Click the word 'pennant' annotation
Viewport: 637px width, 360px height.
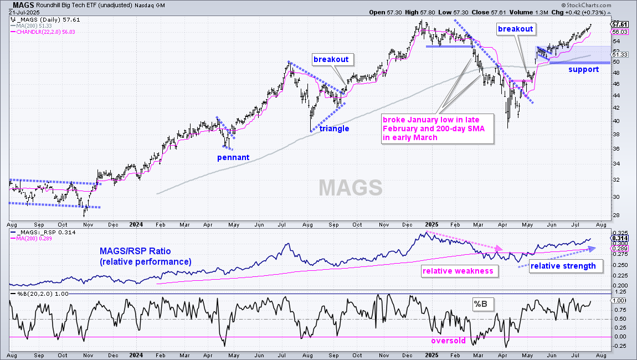(233, 158)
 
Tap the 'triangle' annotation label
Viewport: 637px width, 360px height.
(334, 129)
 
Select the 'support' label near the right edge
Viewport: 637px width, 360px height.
(583, 69)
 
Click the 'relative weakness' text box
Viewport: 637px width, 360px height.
(458, 271)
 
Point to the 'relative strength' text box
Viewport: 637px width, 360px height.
(563, 266)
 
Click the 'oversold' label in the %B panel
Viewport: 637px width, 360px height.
(448, 341)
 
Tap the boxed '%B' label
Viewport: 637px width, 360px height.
(480, 304)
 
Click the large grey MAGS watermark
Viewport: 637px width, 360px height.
(351, 188)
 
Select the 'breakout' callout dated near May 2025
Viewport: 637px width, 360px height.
(515, 29)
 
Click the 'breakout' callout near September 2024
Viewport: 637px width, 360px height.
(331, 59)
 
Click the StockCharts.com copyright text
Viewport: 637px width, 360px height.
(586, 6)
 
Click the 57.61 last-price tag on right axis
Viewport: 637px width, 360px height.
(620, 24)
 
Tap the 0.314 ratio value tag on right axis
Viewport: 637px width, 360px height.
(620, 238)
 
